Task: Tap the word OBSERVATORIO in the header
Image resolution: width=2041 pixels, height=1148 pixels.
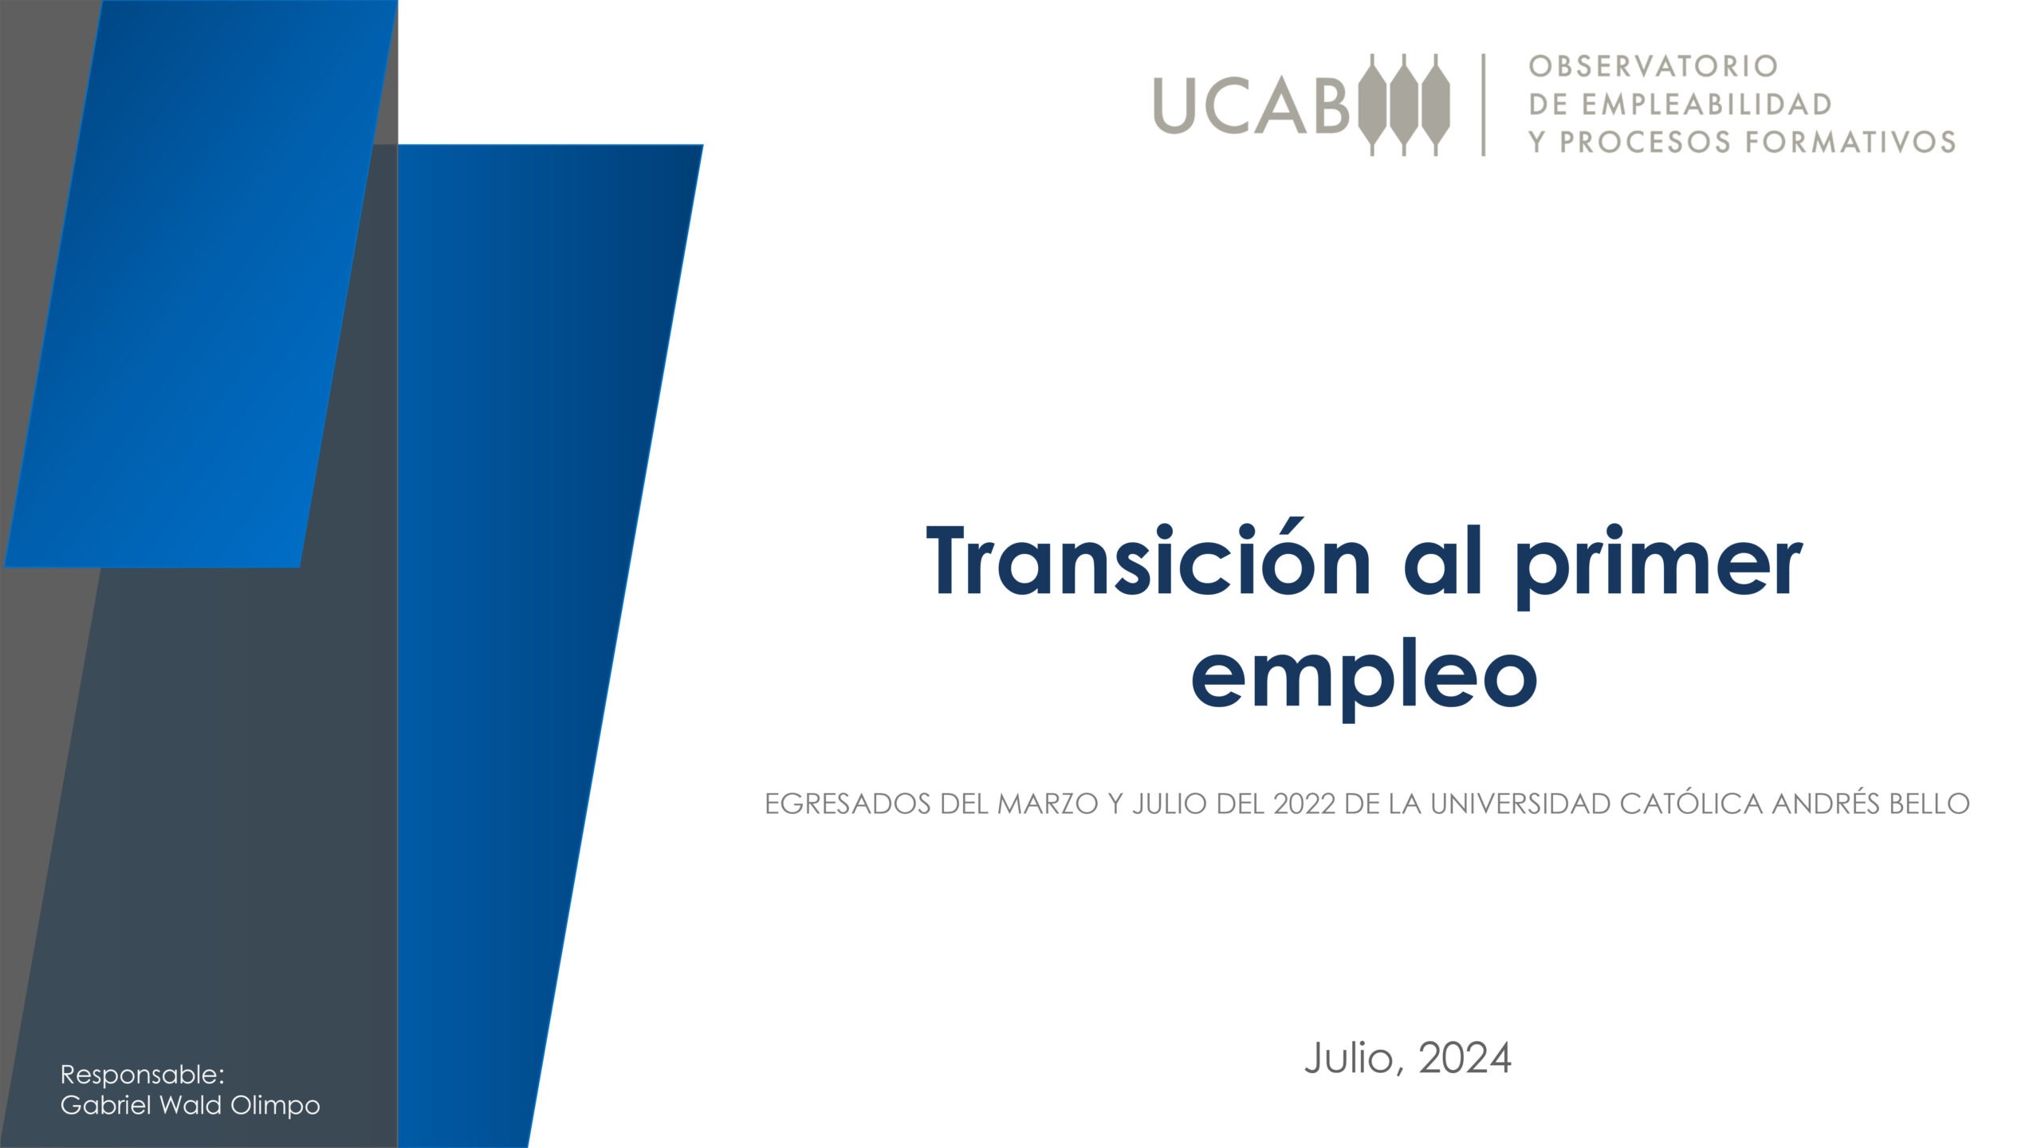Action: point(1654,66)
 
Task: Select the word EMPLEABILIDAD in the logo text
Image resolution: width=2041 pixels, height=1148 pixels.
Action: point(1706,104)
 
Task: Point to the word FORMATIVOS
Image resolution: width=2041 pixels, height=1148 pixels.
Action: point(1850,142)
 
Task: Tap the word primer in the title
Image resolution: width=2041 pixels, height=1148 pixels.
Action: point(1658,568)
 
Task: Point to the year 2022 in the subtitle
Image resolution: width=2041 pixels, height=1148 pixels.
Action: point(1304,804)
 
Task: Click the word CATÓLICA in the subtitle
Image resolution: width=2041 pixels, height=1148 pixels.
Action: point(1692,804)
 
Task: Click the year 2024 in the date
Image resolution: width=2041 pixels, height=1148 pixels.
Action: point(1465,1059)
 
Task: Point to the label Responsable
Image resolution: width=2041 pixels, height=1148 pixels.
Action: point(143,1075)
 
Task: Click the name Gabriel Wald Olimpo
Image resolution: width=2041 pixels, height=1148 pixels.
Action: point(191,1106)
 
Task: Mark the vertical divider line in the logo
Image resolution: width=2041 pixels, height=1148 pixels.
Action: point(1484,104)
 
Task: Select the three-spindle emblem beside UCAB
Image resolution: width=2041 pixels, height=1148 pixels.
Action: point(1402,104)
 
